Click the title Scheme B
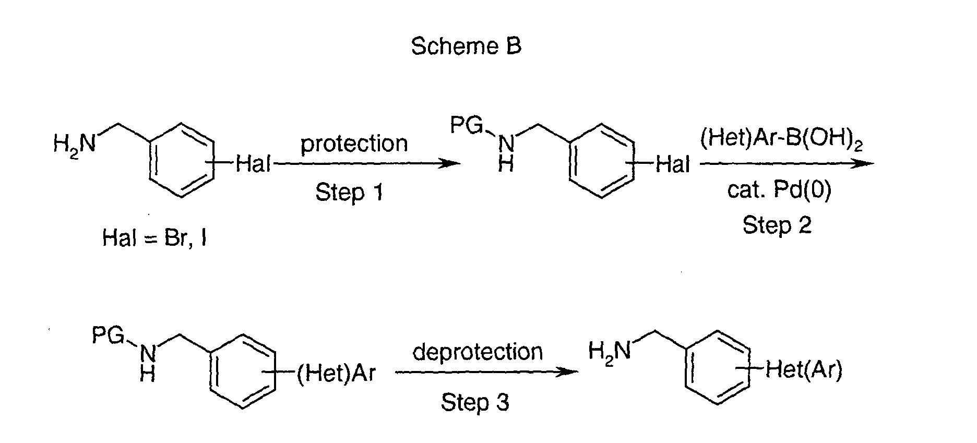coord(466,46)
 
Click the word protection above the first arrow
coord(354,143)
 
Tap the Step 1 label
coord(349,193)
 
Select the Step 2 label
coord(777,225)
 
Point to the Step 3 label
coord(474,402)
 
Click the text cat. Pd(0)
coord(779,191)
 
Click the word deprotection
coord(478,352)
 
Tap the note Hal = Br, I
coord(154,238)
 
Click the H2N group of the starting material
coord(75,142)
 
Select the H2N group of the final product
coord(609,351)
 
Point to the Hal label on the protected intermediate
coord(673,164)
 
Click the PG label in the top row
coord(468,126)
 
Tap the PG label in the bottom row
coord(109,336)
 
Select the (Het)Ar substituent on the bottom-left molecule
coord(336,373)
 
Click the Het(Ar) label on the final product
coord(803,371)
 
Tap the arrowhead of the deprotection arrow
coord(569,372)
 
